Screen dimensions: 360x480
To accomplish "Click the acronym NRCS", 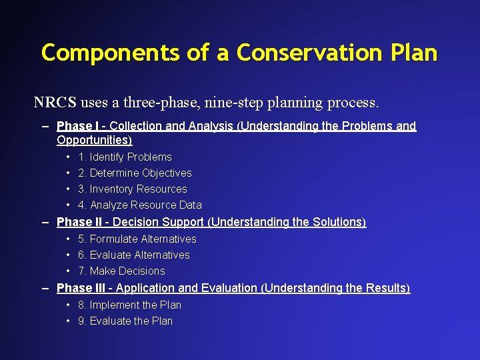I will (55, 103).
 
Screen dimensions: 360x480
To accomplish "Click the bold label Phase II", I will (81, 222).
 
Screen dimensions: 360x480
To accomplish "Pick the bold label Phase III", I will (83, 288).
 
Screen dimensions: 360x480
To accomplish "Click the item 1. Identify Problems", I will (125, 157).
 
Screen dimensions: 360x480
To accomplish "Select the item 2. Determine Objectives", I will (135, 173).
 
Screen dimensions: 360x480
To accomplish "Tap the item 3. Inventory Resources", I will (132, 189).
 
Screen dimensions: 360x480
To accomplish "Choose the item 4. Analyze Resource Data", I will (139, 205).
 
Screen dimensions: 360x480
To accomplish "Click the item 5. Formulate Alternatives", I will (137, 239).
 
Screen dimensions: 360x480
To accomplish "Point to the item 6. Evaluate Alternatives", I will (133, 255).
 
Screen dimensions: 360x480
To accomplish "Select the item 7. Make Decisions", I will (121, 271).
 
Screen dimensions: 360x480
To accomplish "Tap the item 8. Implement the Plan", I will (129, 305).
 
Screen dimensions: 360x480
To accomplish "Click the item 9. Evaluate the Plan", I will (125, 321).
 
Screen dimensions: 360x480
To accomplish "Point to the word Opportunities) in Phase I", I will (95, 140).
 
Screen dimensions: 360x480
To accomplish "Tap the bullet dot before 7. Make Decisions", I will (69, 271).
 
